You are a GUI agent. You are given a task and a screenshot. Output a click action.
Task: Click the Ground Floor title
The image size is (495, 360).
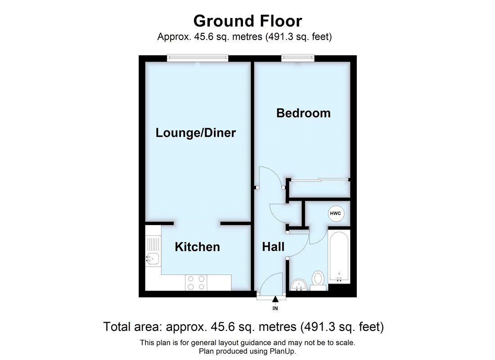click(247, 21)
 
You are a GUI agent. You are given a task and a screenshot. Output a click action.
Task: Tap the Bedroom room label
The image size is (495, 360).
click(303, 113)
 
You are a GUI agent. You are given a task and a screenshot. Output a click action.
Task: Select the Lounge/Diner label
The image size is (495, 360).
click(196, 133)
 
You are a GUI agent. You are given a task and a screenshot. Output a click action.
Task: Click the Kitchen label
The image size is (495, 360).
click(197, 247)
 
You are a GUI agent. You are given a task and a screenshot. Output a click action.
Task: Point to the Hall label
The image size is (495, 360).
click(273, 247)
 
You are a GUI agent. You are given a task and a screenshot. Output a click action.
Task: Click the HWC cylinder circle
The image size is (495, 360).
click(335, 214)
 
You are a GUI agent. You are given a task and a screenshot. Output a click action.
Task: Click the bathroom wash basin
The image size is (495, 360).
click(299, 284)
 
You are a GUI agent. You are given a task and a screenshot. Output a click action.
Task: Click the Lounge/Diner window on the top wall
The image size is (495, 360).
click(198, 57)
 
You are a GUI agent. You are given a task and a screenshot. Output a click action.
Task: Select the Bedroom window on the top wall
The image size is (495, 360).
click(297, 57)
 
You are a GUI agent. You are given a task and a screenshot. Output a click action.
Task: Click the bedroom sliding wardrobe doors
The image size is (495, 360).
click(319, 180)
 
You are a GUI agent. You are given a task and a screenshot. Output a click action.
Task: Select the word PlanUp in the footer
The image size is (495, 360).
click(282, 351)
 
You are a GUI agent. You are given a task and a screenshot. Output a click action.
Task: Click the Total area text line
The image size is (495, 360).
click(243, 326)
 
